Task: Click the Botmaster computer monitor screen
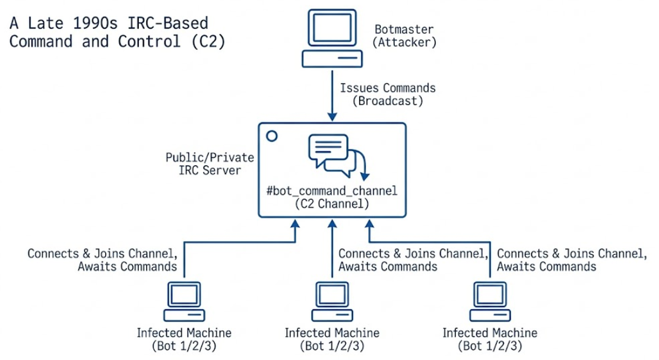click(x=332, y=28)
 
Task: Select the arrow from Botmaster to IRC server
click(x=332, y=95)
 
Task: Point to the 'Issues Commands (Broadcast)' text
click(x=387, y=94)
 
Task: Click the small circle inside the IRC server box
click(x=272, y=136)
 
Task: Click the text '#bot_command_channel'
click(x=332, y=192)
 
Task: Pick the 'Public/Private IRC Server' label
click(x=210, y=164)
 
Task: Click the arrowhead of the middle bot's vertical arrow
click(x=332, y=225)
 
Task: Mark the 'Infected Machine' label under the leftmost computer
click(x=184, y=333)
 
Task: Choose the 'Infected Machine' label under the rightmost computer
click(x=490, y=333)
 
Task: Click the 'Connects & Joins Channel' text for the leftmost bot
click(x=102, y=254)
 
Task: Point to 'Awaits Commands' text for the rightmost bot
click(x=546, y=267)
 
